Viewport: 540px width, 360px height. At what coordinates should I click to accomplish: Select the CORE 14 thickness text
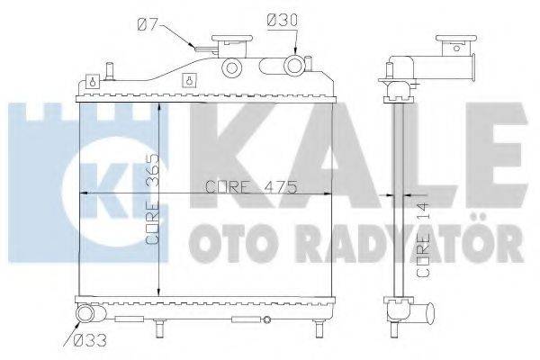click(x=429, y=238)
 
